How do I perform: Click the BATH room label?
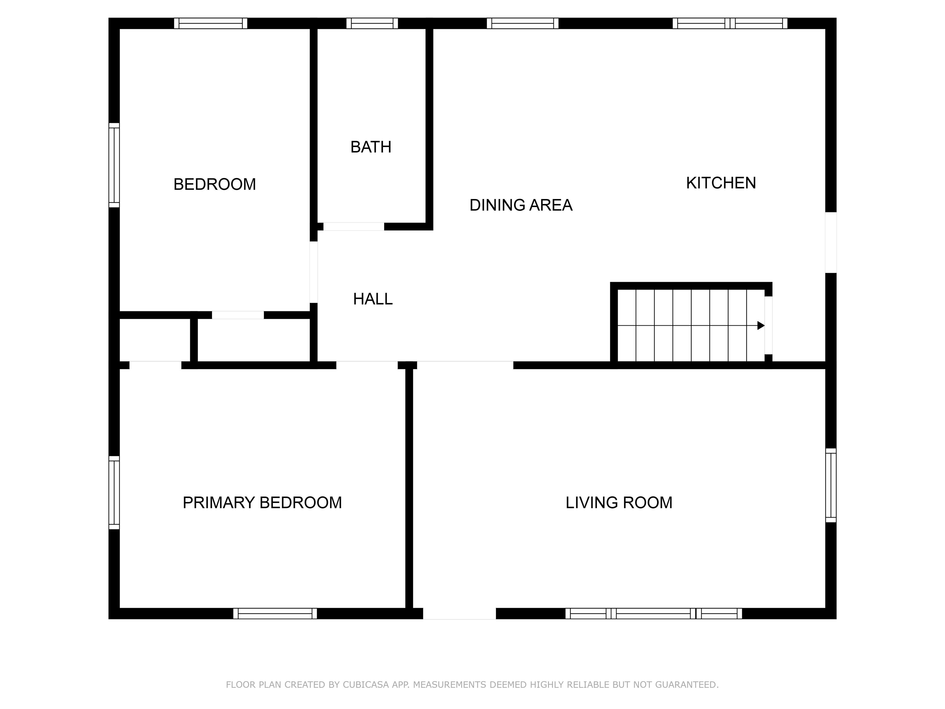pyautogui.click(x=371, y=147)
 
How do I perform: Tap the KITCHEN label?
pyautogui.click(x=721, y=183)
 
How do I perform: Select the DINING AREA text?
pyautogui.click(x=521, y=205)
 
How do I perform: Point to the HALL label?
pyautogui.click(x=373, y=299)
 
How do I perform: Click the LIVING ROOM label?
pyautogui.click(x=619, y=503)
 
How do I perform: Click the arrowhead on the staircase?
pyautogui.click(x=760, y=326)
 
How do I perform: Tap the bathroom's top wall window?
pyautogui.click(x=372, y=23)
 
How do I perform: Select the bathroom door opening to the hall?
pyautogui.click(x=354, y=226)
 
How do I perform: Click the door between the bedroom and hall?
pyautogui.click(x=313, y=272)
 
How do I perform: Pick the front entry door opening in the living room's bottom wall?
pyautogui.click(x=459, y=613)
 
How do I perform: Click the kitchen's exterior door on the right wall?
pyautogui.click(x=831, y=242)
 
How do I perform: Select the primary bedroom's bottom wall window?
pyautogui.click(x=275, y=613)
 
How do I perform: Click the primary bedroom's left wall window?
pyautogui.click(x=114, y=492)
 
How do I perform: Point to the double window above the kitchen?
pyautogui.click(x=730, y=23)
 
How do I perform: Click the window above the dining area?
pyautogui.click(x=522, y=23)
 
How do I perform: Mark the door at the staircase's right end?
pyautogui.click(x=768, y=325)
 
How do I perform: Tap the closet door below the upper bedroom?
pyautogui.click(x=238, y=315)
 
